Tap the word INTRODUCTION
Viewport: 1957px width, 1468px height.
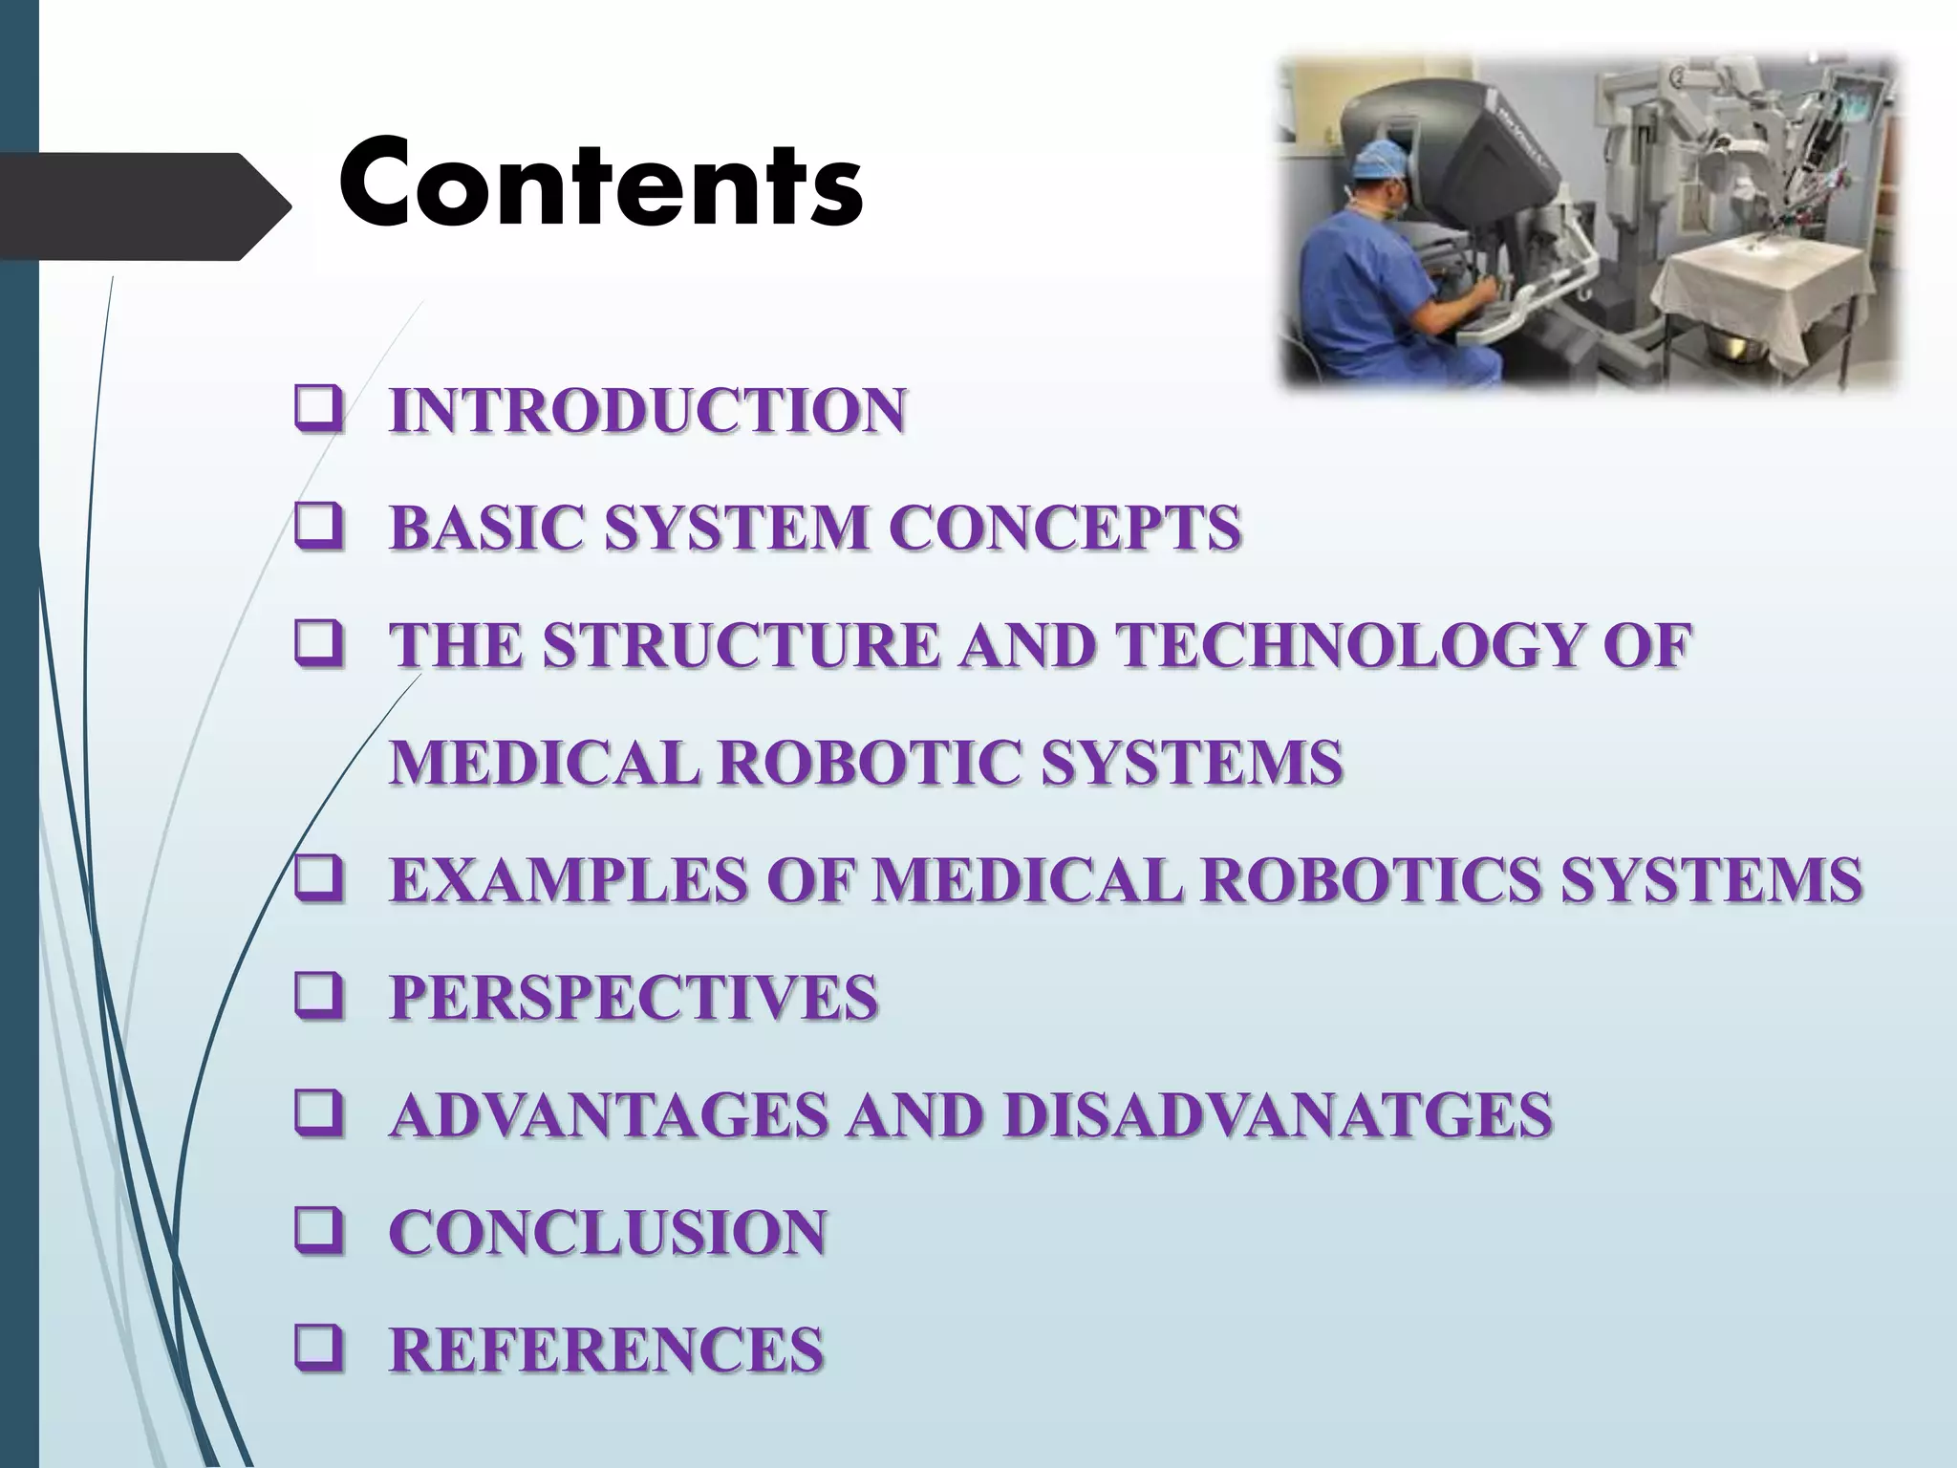(647, 411)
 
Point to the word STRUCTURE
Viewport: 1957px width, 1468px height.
(741, 645)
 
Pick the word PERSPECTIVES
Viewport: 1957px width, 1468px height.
(634, 997)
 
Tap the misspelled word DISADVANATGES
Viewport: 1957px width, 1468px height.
(1278, 1114)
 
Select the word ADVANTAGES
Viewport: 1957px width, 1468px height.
(610, 1114)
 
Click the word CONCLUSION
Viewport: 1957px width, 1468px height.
(608, 1232)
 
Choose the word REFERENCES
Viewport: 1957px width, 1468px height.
(606, 1349)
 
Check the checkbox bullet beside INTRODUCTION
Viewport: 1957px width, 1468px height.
(319, 413)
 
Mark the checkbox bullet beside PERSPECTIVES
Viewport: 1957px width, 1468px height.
(319, 999)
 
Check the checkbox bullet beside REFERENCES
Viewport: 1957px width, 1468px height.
(319, 1350)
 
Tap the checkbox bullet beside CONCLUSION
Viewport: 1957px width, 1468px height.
(319, 1234)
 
